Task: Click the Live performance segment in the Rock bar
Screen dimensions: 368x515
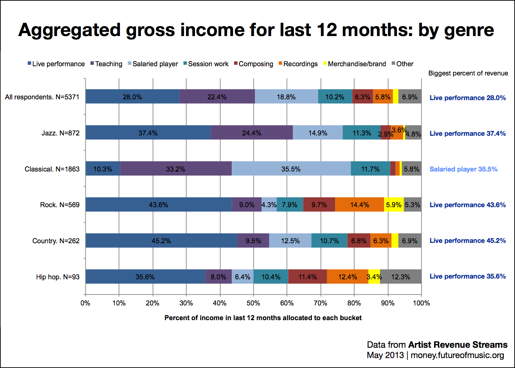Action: pos(159,205)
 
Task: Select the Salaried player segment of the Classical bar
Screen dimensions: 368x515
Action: pos(291,169)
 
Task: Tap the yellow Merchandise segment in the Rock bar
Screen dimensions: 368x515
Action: pos(394,205)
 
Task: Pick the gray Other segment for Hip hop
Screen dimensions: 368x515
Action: pos(401,277)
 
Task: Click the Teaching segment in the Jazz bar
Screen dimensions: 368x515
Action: pos(252,133)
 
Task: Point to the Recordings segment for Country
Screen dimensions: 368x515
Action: pos(381,241)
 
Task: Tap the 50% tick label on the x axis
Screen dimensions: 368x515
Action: pos(253,303)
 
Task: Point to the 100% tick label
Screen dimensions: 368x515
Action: pos(422,303)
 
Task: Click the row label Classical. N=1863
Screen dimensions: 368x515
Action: pos(52,169)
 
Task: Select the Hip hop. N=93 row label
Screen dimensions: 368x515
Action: pos(58,277)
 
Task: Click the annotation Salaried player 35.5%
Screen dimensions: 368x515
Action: pos(464,169)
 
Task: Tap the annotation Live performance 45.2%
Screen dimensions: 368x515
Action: pos(468,241)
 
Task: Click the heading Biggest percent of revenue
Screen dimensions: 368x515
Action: pos(468,73)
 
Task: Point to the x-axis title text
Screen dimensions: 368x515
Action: pos(263,318)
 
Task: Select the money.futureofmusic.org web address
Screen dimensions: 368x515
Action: pos(457,355)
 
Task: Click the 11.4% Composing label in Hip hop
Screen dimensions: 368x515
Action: pos(308,277)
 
